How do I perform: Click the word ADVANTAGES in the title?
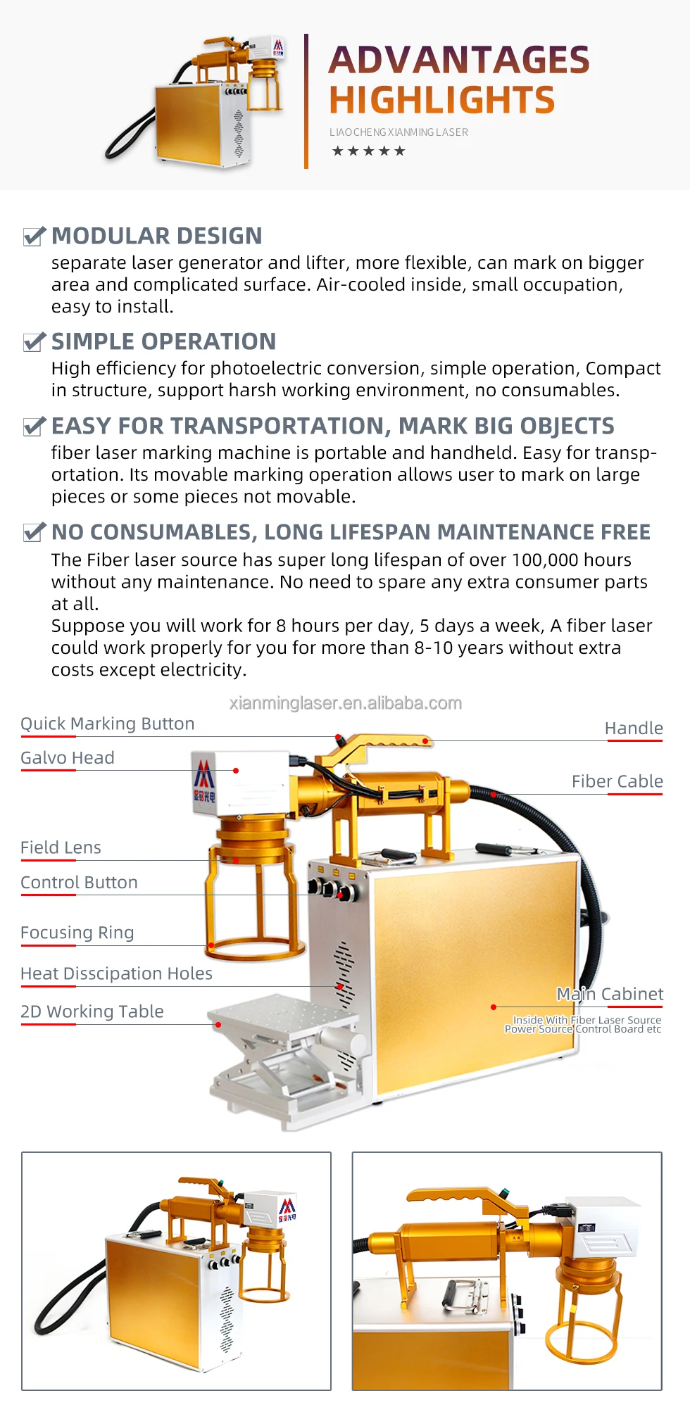(459, 60)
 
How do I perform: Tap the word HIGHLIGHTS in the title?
(442, 100)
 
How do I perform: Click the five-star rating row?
(369, 151)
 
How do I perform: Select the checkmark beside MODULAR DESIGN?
(34, 236)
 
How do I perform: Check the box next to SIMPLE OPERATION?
(34, 342)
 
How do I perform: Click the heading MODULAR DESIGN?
(157, 236)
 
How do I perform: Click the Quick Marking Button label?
(108, 724)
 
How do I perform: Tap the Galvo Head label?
(68, 758)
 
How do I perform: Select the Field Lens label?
(61, 848)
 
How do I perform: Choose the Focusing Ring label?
(77, 933)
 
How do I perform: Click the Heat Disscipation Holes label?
(117, 973)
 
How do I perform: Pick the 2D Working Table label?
(92, 1011)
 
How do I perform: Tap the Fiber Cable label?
(617, 782)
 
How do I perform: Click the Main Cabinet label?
(610, 994)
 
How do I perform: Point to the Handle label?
(634, 728)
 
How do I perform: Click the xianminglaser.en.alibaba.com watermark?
(346, 703)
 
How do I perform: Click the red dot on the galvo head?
(236, 771)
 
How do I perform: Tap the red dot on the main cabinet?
(494, 1007)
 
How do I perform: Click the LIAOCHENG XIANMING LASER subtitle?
(399, 132)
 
